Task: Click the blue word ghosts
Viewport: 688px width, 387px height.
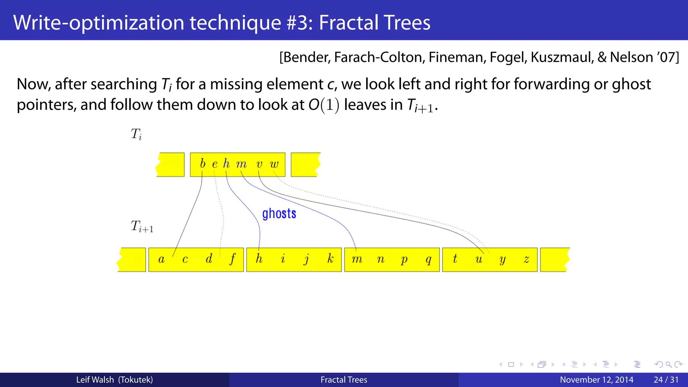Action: [x=279, y=214]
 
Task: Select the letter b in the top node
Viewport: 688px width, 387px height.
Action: [x=203, y=164]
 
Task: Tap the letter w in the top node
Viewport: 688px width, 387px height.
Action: [x=274, y=164]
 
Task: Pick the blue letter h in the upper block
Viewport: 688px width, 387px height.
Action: [x=226, y=164]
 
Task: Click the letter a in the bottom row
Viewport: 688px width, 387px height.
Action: [x=161, y=259]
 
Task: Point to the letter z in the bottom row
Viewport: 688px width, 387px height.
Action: [x=526, y=259]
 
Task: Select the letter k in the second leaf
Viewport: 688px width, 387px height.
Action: [x=331, y=259]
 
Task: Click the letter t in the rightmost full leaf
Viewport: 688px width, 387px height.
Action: [x=455, y=259]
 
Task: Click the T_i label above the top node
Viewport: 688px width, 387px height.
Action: [x=136, y=134]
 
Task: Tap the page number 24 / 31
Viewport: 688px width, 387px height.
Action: [x=666, y=380]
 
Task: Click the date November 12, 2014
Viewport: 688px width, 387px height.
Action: [x=596, y=380]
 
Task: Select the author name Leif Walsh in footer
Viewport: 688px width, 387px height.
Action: [x=95, y=380]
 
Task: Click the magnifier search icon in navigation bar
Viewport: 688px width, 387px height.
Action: [x=669, y=364]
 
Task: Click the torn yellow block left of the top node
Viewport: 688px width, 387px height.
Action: [x=171, y=165]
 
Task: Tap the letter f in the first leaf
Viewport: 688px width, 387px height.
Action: [x=232, y=259]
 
